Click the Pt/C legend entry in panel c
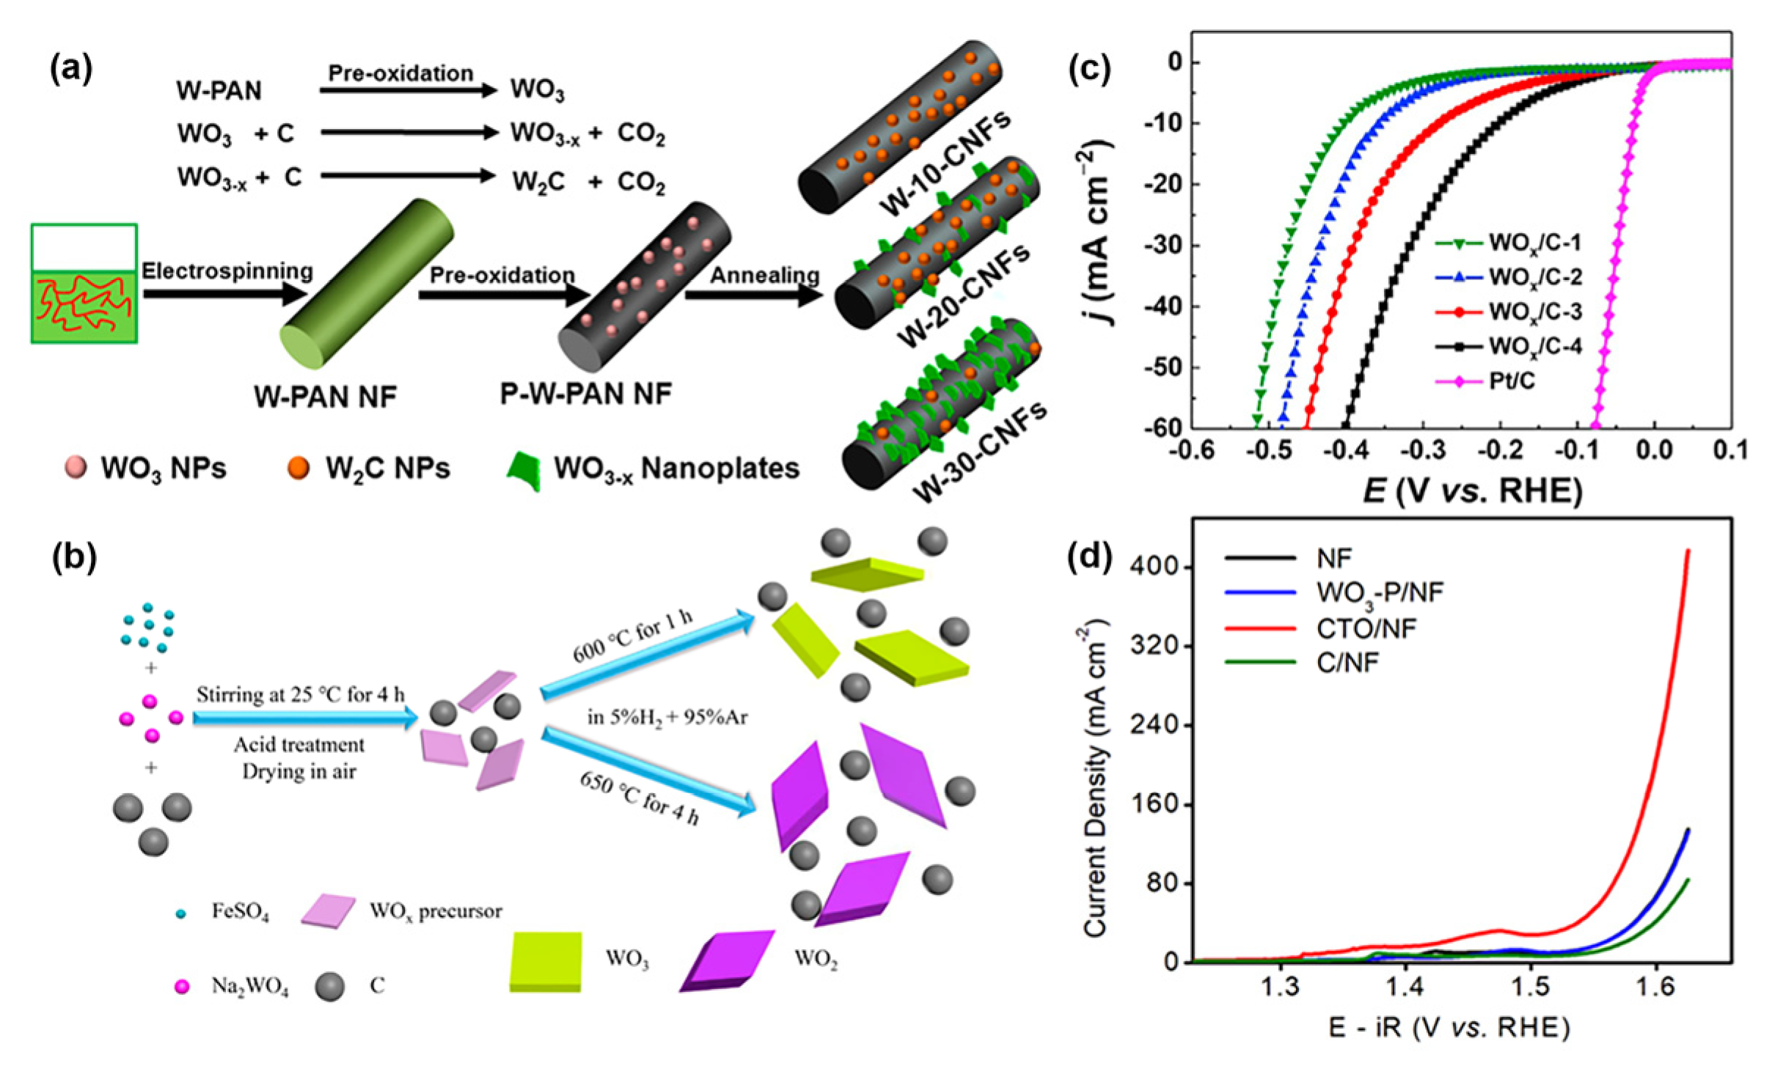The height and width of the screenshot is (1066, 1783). [1511, 381]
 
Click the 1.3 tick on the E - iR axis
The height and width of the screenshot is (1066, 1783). [1281, 988]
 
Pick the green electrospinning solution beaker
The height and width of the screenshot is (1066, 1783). [84, 284]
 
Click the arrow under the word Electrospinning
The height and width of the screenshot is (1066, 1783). [224, 294]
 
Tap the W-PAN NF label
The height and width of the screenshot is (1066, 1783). [325, 397]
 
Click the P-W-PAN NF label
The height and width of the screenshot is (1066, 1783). [585, 394]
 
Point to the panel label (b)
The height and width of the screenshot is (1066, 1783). [74, 557]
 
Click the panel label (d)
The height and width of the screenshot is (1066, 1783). [1090, 556]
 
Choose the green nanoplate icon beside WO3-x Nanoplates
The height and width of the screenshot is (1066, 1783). [524, 471]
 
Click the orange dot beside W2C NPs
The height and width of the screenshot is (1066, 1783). [299, 468]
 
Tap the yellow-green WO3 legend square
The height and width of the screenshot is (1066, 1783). [546, 961]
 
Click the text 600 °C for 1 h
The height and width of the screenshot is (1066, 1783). [632, 636]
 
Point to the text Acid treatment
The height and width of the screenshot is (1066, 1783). [299, 745]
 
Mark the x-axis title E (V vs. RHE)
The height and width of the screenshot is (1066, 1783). [1472, 490]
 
